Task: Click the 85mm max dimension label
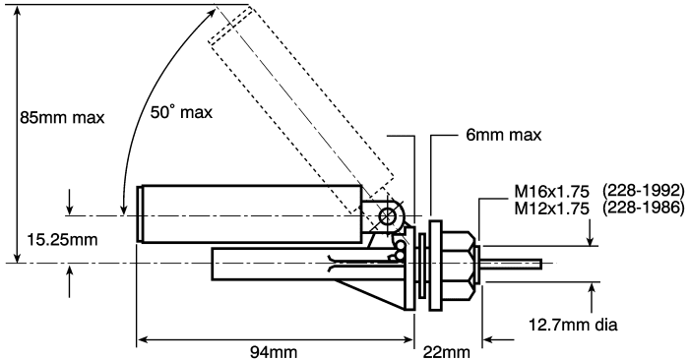click(x=62, y=118)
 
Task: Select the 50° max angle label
click(x=181, y=112)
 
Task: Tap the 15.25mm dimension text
click(x=62, y=240)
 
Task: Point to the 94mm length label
click(x=274, y=352)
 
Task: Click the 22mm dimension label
click(x=447, y=352)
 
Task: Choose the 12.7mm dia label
click(x=573, y=325)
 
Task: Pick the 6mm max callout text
click(x=504, y=135)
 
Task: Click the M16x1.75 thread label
click(x=551, y=192)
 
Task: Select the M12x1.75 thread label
click(x=551, y=209)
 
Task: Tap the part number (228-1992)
click(x=644, y=191)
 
